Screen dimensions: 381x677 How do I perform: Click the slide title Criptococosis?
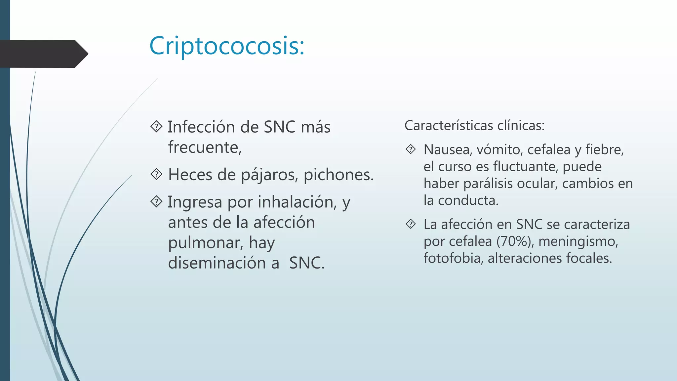227,46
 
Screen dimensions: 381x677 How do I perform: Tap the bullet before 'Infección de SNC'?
156,126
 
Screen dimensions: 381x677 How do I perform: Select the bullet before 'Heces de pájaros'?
156,174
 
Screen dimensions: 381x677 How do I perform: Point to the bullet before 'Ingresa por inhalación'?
156,201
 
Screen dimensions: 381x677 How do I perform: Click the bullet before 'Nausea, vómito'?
411,149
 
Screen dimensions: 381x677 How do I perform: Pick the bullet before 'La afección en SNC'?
411,224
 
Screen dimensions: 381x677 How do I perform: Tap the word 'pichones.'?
338,175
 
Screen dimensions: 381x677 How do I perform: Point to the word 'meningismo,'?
578,241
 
